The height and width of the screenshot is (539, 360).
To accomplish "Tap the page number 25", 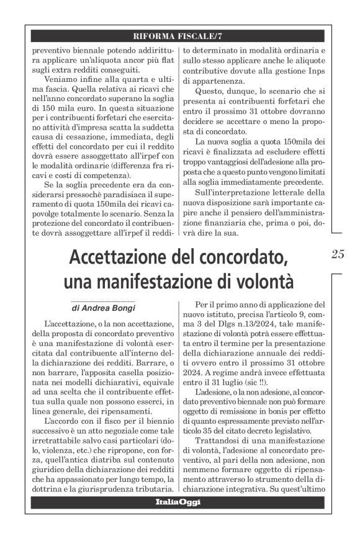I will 338,254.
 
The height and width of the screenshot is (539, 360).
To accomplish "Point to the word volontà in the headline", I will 260,280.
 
